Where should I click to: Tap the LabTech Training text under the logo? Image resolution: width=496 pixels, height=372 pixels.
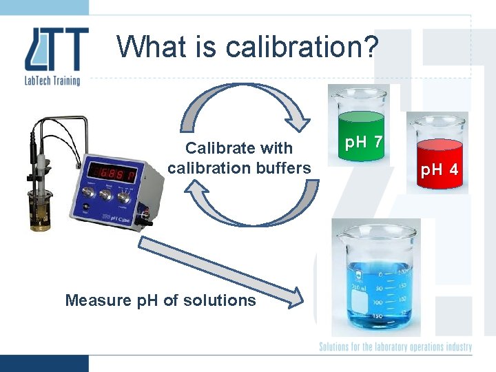click(x=52, y=80)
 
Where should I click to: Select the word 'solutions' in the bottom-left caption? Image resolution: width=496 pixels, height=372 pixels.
click(x=225, y=300)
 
